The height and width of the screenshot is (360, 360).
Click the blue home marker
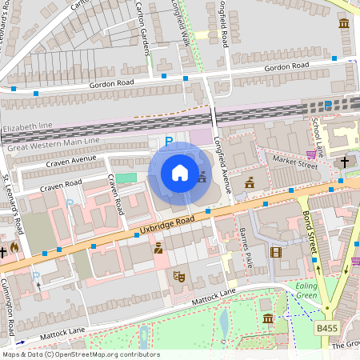[x=180, y=173]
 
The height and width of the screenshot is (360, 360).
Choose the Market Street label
[x=294, y=164]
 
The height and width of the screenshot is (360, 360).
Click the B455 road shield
[x=326, y=327]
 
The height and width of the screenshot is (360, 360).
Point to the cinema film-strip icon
[x=276, y=252]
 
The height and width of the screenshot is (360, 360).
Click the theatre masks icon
[x=180, y=276]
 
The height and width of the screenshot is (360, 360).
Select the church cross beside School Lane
[x=345, y=162]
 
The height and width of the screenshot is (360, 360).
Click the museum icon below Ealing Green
[x=267, y=319]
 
